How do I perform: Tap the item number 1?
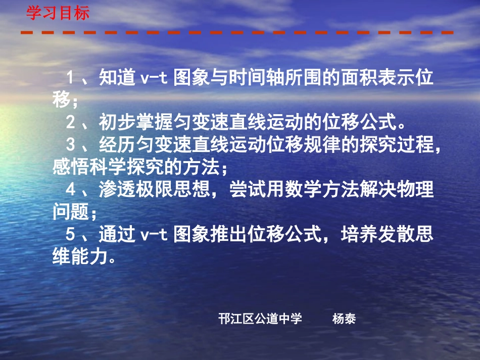(71, 78)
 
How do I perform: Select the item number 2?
(71, 123)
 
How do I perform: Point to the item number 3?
(71, 145)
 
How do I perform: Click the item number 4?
(71, 190)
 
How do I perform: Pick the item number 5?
(71, 235)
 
